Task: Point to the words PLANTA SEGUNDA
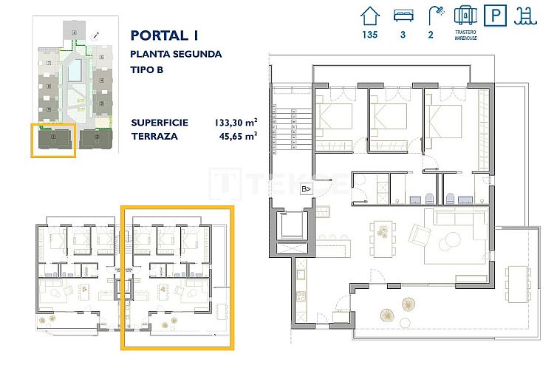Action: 175,54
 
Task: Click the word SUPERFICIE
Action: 159,122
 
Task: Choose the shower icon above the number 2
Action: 434,15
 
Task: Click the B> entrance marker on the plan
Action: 305,188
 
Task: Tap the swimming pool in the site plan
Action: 75,71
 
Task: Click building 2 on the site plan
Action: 95,137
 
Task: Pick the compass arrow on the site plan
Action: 95,35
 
